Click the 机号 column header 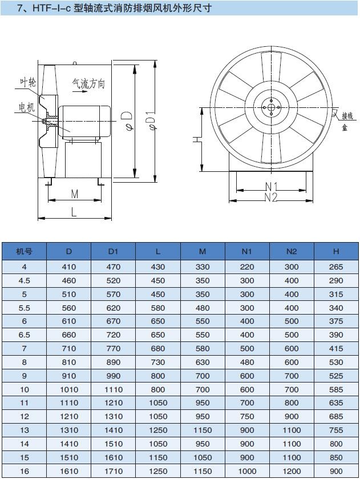pos(24,251)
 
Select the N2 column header pos(292,251)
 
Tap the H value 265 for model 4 pos(336,267)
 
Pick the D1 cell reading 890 pos(114,363)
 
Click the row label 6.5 pos(24,335)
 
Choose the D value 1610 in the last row pos(69,472)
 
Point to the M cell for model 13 pos(203,430)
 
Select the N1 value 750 pos(246,417)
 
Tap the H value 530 pos(336,363)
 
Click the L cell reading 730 pos(158,363)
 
